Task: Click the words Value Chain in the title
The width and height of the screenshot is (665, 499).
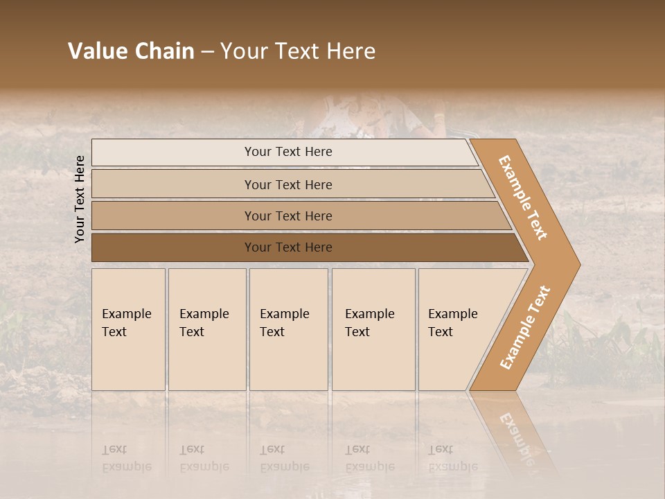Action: pos(131,51)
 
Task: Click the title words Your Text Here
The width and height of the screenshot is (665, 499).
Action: pos(298,51)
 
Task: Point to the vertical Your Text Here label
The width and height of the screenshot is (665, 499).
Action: pos(80,199)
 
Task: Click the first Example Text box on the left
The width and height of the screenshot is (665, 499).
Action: pos(128,329)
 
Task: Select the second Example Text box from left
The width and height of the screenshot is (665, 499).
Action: pos(207,329)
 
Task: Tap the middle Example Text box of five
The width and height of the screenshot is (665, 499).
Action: pos(288,329)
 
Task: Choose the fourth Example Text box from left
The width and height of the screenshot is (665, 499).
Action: pos(373,329)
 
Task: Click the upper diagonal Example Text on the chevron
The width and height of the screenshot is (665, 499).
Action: pos(523,198)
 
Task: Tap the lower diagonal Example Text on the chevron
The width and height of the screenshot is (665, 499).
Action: pos(525,327)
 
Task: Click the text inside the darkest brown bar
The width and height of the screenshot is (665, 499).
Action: pos(288,247)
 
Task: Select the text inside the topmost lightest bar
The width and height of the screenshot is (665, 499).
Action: pos(288,152)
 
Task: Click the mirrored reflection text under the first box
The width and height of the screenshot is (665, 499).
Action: pos(126,458)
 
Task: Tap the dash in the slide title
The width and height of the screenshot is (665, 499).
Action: pos(207,52)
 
